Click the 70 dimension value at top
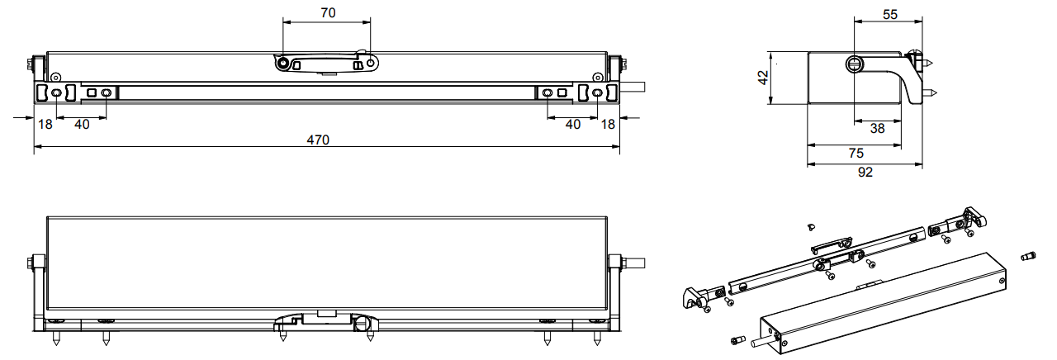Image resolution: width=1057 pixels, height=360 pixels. pos(328,12)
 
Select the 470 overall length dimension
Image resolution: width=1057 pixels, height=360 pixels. pos(318,140)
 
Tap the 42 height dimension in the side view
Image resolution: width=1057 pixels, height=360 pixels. pos(762,78)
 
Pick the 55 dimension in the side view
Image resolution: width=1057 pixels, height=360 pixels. pos(890,15)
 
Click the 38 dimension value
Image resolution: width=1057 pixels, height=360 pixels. pos(877,128)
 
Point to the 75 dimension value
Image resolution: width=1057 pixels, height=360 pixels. pos(856,154)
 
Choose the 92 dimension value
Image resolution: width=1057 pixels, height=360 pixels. pos(865,173)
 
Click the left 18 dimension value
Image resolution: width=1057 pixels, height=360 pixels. pos(45,125)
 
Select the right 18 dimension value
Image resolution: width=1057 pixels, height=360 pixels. pos(608,125)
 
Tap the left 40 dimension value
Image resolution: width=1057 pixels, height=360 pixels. pos(82,125)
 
